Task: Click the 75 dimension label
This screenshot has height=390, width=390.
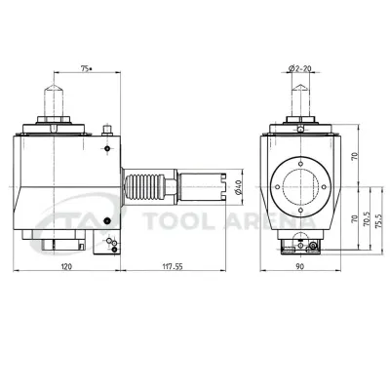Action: click(84, 69)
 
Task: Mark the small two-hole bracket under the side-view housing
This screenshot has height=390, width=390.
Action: click(111, 241)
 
